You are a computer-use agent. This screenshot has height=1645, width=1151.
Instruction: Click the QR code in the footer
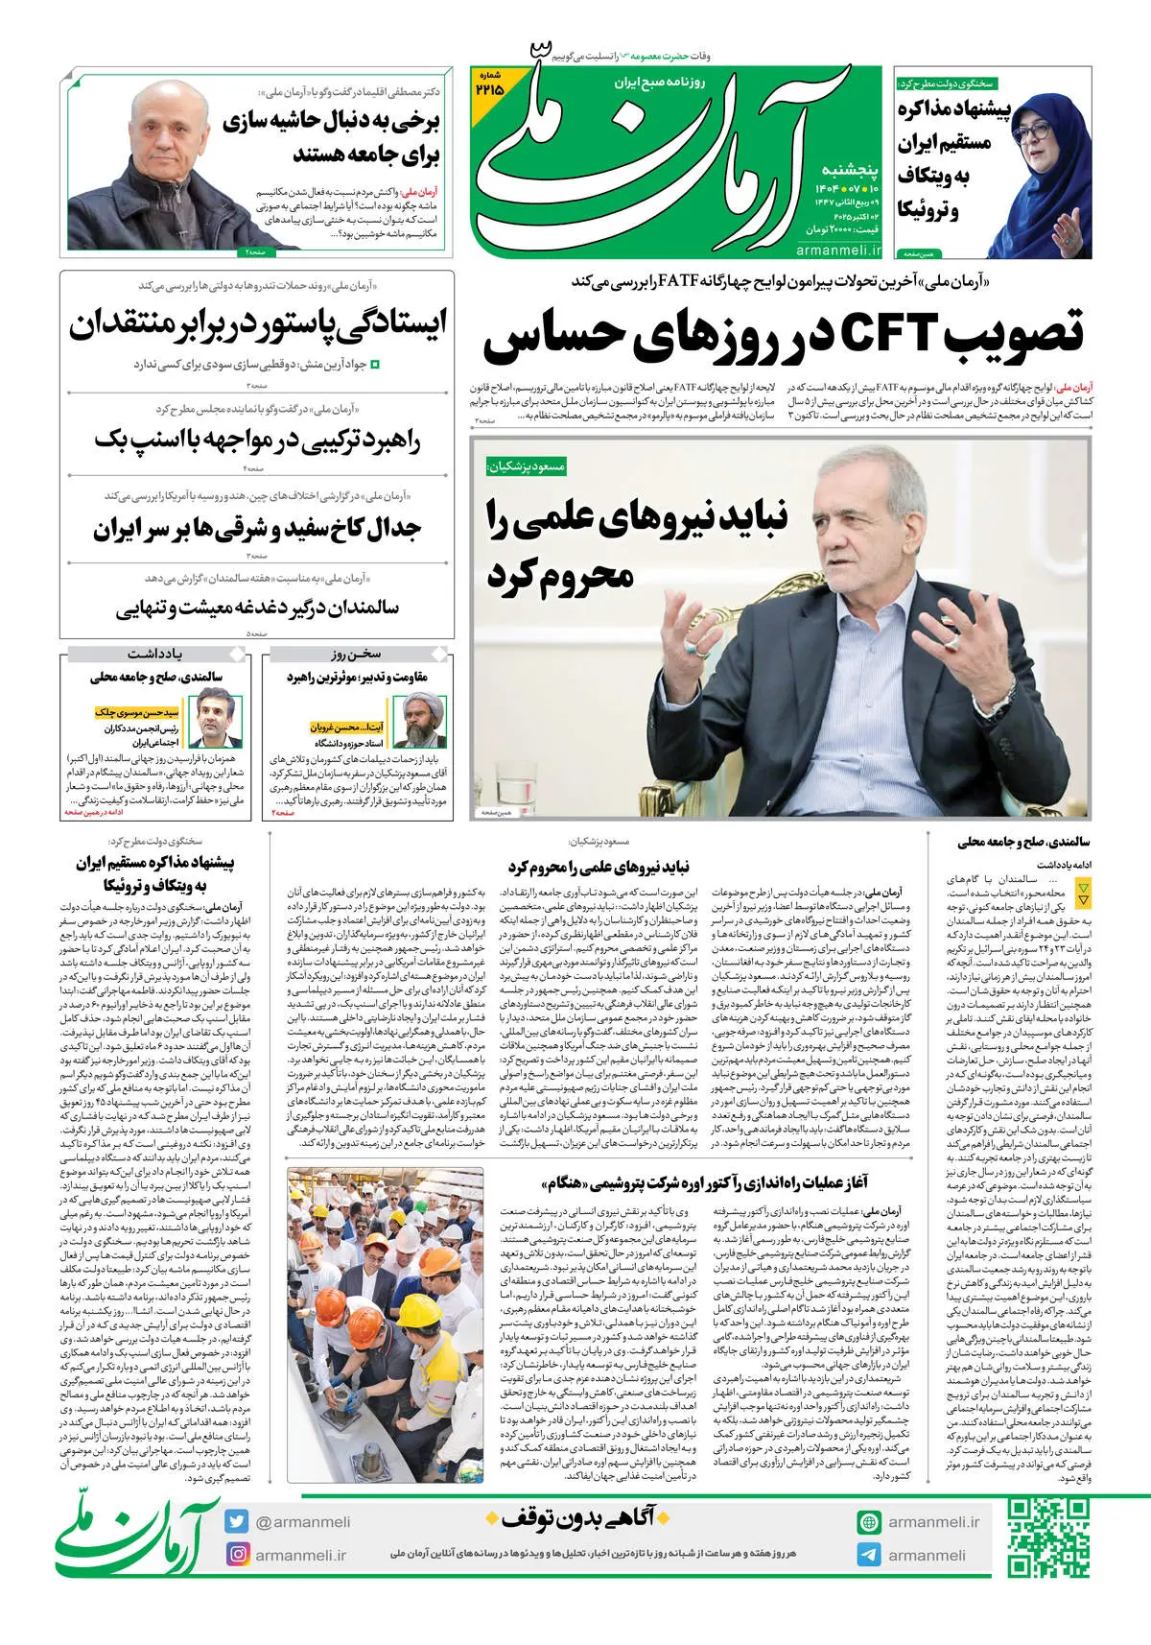[x=1048, y=1538]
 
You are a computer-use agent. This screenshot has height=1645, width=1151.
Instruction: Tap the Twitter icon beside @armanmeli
[x=237, y=1521]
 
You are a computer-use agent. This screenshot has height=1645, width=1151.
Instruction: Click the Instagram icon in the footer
[x=237, y=1554]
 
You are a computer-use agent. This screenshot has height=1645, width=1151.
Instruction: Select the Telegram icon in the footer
[x=869, y=1555]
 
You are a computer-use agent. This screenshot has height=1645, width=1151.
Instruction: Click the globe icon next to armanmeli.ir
[x=869, y=1521]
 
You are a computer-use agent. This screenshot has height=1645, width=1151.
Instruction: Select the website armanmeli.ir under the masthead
[x=838, y=250]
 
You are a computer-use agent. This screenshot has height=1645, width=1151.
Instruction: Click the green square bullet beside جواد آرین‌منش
[x=375, y=365]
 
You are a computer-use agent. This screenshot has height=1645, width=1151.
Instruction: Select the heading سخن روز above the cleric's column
[x=355, y=654]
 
